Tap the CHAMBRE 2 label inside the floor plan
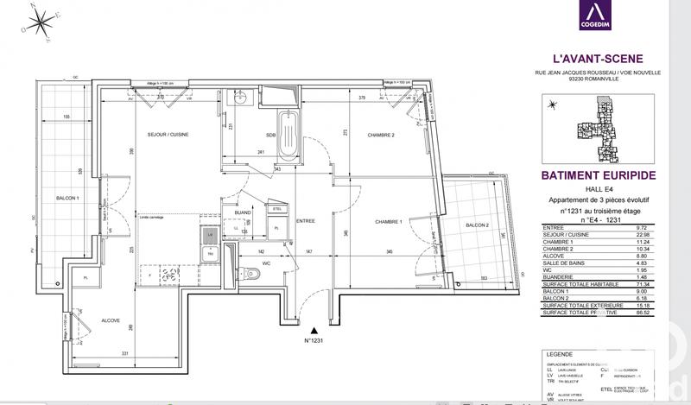click(x=381, y=136)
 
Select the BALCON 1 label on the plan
click(x=67, y=199)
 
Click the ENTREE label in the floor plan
click(x=306, y=221)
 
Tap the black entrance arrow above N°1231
click(x=316, y=329)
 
